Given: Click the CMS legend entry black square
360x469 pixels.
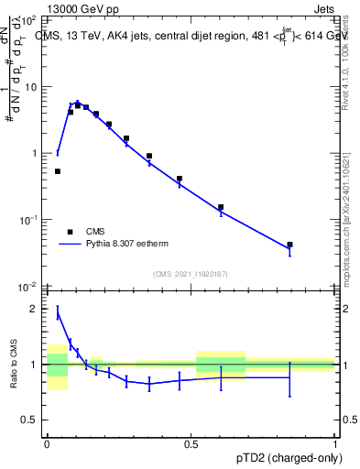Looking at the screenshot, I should (x=70, y=232).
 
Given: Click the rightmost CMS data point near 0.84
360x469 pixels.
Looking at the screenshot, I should (x=289, y=245).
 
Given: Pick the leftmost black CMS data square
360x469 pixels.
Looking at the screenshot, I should (x=58, y=171).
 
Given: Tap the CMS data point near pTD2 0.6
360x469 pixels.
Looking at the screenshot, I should (x=221, y=207).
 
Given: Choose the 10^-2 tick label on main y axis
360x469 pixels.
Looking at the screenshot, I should (x=29, y=287).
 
